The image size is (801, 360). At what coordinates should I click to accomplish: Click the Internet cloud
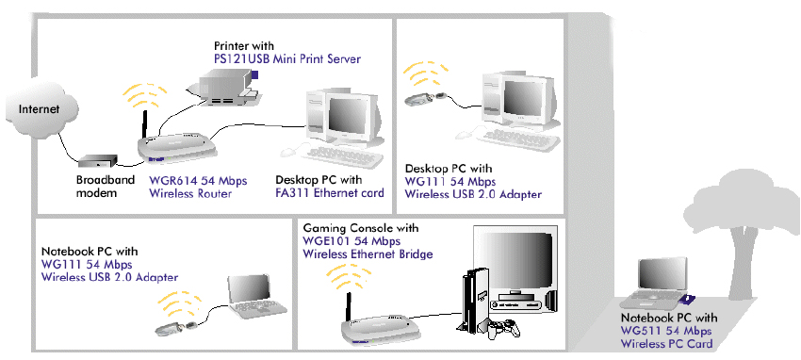tap(41, 109)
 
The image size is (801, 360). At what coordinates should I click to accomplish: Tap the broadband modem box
tap(98, 162)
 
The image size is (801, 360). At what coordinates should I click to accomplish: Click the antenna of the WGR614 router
tap(145, 124)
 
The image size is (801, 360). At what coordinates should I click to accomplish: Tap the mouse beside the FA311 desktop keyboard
tap(288, 152)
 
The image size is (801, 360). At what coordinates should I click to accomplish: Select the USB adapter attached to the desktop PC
tap(426, 98)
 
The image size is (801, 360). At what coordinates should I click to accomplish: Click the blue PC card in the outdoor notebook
tap(689, 300)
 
